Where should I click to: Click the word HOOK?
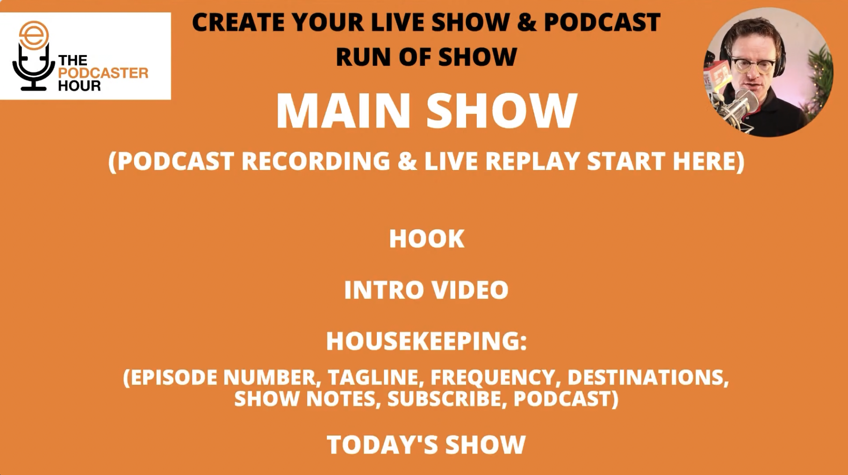pyautogui.click(x=426, y=239)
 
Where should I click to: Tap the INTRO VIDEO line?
pyautogui.click(x=426, y=290)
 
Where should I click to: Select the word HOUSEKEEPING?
pyautogui.click(x=423, y=341)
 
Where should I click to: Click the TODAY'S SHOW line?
pyautogui.click(x=426, y=444)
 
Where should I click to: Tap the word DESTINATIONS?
pyautogui.click(x=647, y=377)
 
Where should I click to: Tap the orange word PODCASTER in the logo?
pyautogui.click(x=103, y=73)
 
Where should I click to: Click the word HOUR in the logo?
pyautogui.click(x=79, y=86)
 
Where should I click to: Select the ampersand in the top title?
pyautogui.click(x=527, y=22)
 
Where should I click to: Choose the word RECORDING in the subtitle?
pyautogui.click(x=316, y=161)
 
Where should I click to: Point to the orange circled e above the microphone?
pyautogui.click(x=34, y=34)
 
